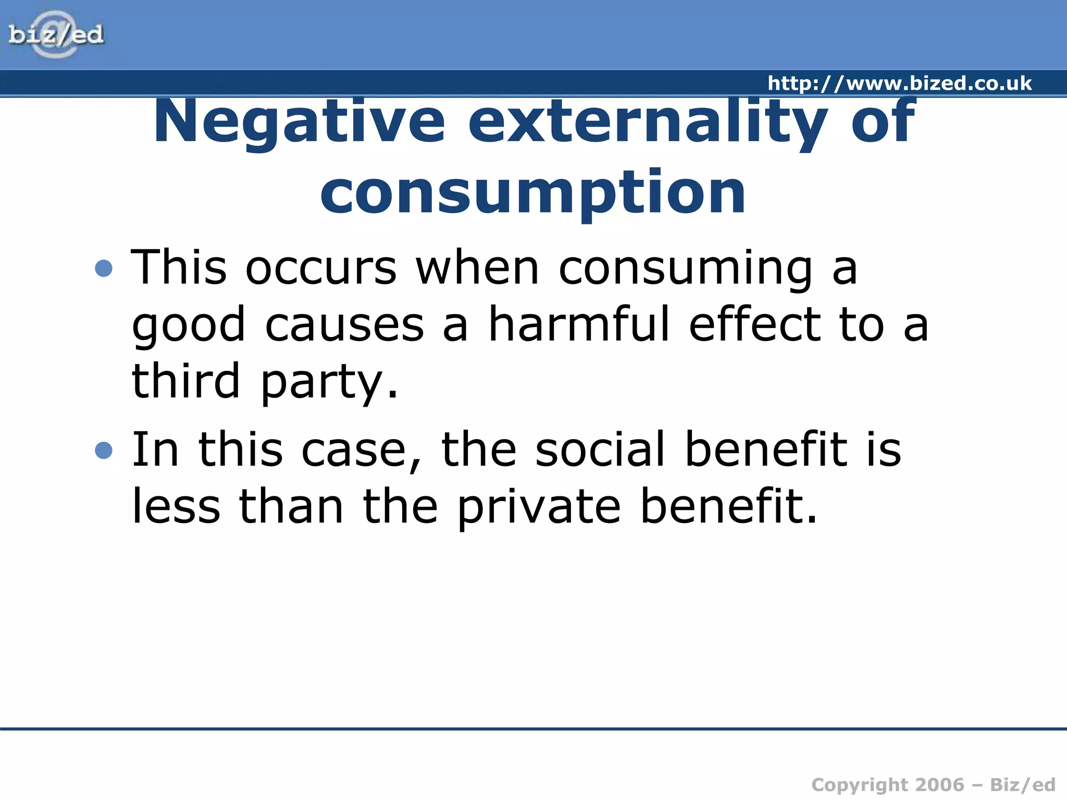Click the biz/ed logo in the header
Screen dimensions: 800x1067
[x=56, y=35]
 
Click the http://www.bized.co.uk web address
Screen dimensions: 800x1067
[x=899, y=83]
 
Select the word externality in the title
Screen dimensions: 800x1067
[x=648, y=122]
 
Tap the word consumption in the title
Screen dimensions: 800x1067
[x=533, y=193]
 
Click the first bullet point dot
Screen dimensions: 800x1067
[x=104, y=268]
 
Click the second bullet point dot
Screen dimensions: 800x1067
[x=104, y=450]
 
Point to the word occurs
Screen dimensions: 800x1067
[x=321, y=268]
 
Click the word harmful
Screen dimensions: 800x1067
[x=578, y=324]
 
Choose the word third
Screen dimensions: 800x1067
[x=186, y=381]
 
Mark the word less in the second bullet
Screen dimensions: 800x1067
[x=176, y=506]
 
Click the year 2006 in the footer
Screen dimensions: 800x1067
[x=940, y=784]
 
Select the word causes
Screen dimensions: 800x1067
[x=344, y=324]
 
